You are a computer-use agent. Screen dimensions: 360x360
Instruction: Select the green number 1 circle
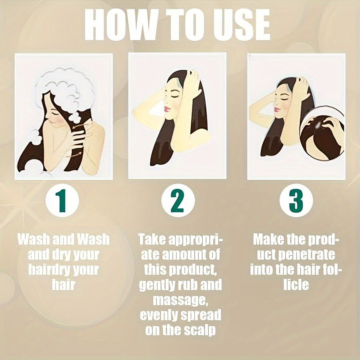click(x=62, y=200)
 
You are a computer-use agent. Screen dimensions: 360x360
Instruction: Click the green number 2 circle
click(x=178, y=200)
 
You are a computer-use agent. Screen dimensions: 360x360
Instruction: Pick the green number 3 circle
click(x=296, y=200)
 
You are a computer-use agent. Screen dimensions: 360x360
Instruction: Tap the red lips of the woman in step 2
click(x=167, y=109)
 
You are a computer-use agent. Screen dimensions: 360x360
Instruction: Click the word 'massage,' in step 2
click(x=180, y=300)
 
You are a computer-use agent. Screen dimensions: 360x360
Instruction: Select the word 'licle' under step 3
click(x=296, y=285)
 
